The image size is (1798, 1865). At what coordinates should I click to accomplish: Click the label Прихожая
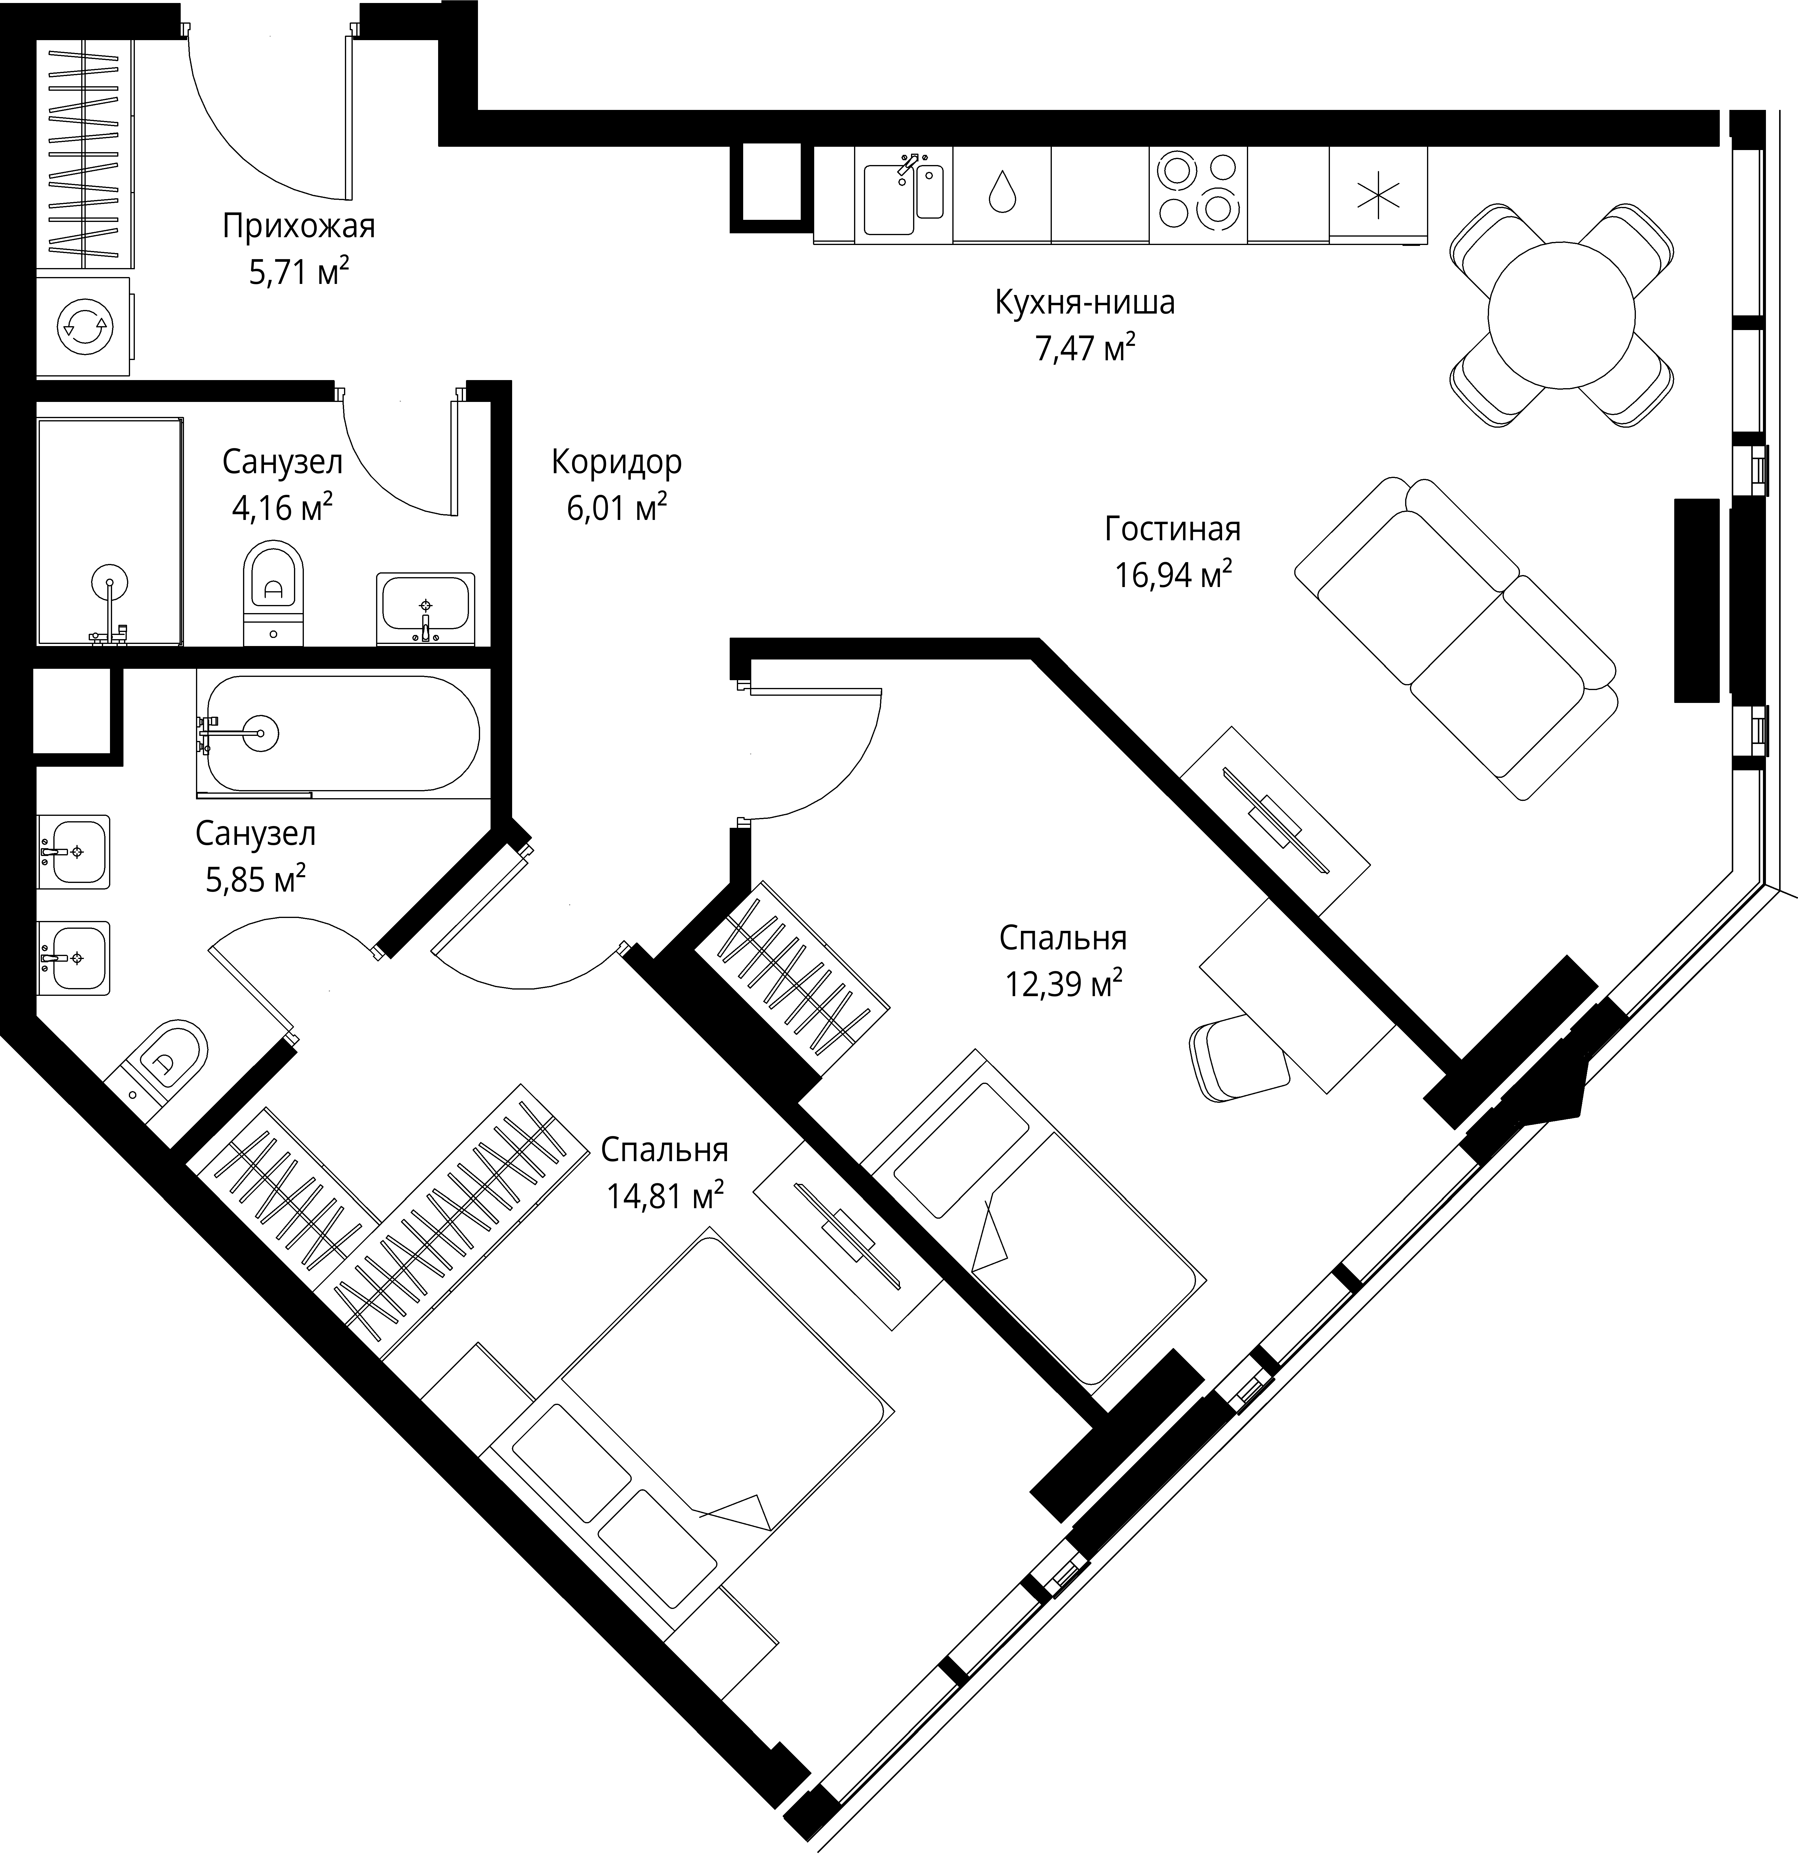coord(299,226)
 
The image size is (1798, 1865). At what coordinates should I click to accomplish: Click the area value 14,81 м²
coord(665,1195)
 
